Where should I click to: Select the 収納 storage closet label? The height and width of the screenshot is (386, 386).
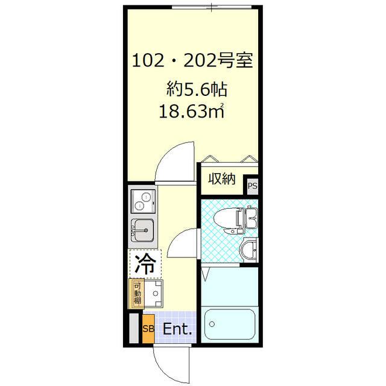[221, 179]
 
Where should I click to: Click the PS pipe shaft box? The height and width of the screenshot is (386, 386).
[252, 186]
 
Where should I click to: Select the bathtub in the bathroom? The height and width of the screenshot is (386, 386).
[229, 324]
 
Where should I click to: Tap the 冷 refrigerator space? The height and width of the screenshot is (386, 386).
[144, 263]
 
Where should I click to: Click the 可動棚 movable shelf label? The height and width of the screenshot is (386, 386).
[138, 293]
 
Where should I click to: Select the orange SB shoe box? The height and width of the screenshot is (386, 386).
[148, 329]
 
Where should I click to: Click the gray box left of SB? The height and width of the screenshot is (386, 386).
[134, 329]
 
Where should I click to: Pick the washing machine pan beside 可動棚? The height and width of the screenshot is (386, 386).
[154, 293]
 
